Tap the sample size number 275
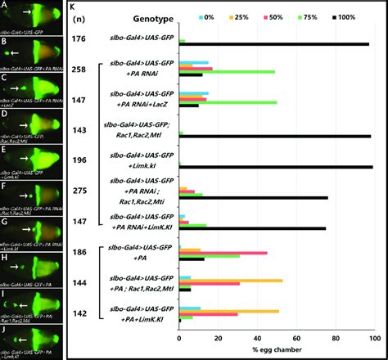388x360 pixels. tap(79, 191)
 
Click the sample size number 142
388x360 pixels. tap(79, 313)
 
